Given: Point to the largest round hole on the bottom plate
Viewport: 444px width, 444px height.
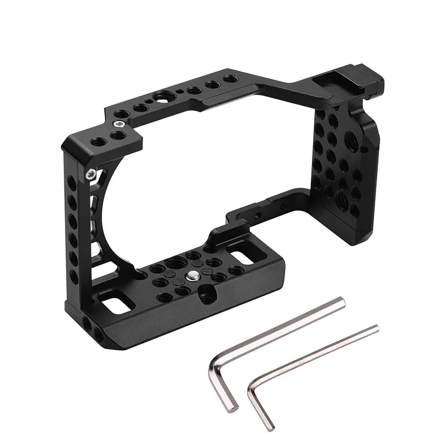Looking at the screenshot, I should coord(179,260).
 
